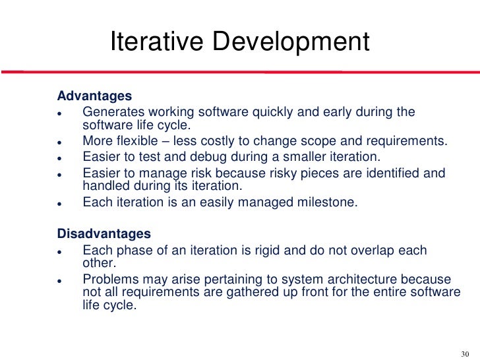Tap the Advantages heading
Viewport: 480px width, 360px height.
coord(94,96)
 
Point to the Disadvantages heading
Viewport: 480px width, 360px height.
coord(104,234)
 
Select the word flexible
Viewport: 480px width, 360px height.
coord(141,142)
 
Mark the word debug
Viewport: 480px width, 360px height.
coord(200,158)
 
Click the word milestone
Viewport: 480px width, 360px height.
coord(323,203)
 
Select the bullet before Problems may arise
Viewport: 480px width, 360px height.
coord(60,280)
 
